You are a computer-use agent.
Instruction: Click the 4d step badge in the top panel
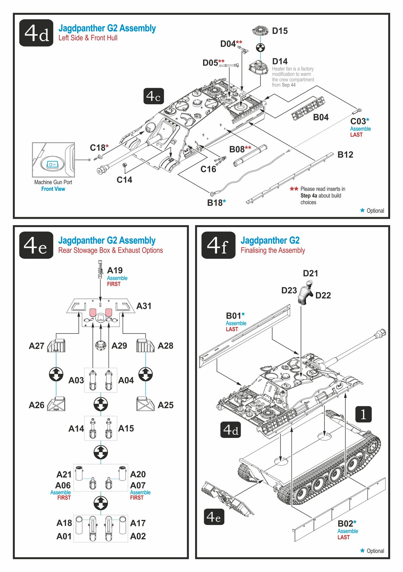click(x=36, y=33)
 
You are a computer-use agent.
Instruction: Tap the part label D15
click(x=280, y=31)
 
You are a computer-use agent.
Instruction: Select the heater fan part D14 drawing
click(x=258, y=68)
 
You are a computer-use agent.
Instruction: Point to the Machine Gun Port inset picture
click(x=53, y=160)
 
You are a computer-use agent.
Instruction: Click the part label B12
click(x=345, y=155)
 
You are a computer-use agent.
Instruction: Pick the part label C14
click(x=124, y=180)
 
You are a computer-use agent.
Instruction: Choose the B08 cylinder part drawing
click(x=250, y=155)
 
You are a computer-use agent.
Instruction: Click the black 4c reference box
click(x=153, y=96)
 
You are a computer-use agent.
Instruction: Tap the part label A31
click(x=144, y=306)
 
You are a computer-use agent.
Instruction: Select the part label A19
click(x=115, y=270)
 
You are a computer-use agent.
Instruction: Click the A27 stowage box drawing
click(x=56, y=345)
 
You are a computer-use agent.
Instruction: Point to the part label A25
click(x=166, y=405)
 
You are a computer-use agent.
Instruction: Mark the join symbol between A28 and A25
click(x=145, y=374)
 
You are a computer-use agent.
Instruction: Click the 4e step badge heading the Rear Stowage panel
click(x=36, y=245)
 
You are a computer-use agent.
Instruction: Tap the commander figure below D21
click(x=306, y=292)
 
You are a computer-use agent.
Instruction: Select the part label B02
click(x=345, y=523)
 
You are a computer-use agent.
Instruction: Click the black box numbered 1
click(x=364, y=414)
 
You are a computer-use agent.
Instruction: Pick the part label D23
click(x=289, y=290)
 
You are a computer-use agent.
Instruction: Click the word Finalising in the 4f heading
click(x=254, y=250)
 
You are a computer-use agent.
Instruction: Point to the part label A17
click(x=138, y=523)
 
